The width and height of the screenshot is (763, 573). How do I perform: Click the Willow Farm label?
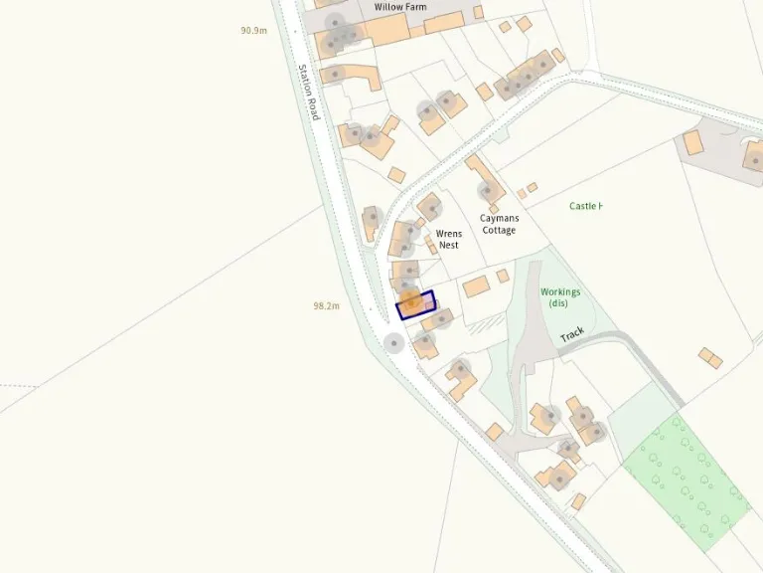[x=400, y=7]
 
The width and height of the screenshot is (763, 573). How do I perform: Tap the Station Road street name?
[x=309, y=93]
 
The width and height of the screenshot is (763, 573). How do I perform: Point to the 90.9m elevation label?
[x=253, y=31]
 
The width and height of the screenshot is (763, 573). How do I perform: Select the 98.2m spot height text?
[x=326, y=306]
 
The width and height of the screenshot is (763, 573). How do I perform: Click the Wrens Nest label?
[x=448, y=239]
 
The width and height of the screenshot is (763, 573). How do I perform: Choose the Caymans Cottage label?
[x=499, y=224]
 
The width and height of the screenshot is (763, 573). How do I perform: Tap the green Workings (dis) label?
[x=560, y=297]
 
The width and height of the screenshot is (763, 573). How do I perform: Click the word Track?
[x=572, y=334]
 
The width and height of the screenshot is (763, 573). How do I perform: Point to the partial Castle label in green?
[x=585, y=206]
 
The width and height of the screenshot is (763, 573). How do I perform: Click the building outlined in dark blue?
[x=415, y=303]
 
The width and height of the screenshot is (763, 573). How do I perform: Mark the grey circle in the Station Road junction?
[x=394, y=343]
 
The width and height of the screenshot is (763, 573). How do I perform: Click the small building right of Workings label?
[x=709, y=356]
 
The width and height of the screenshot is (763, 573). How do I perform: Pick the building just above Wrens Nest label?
[x=430, y=207]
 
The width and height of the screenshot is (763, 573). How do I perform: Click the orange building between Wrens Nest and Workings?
[x=476, y=286]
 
